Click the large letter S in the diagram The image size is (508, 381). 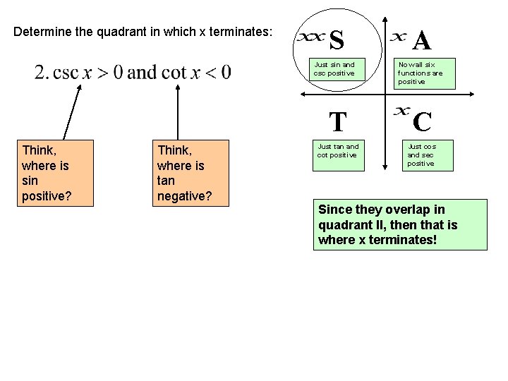pyautogui.click(x=337, y=41)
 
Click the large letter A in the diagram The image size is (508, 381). pyautogui.click(x=422, y=41)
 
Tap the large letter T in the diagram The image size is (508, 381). pyautogui.click(x=338, y=122)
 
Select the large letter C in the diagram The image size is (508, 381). pyautogui.click(x=422, y=122)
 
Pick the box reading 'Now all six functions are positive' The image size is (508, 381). pyautogui.click(x=421, y=73)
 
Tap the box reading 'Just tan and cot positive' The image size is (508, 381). pyautogui.click(x=338, y=155)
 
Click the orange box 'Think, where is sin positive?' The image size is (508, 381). pyautogui.click(x=55, y=172)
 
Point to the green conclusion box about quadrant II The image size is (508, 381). pyautogui.click(x=400, y=225)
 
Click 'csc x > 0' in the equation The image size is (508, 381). pyautogui.click(x=87, y=72)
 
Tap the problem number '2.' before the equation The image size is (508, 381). pyautogui.click(x=42, y=72)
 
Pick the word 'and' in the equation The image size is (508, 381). pyautogui.click(x=143, y=72)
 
